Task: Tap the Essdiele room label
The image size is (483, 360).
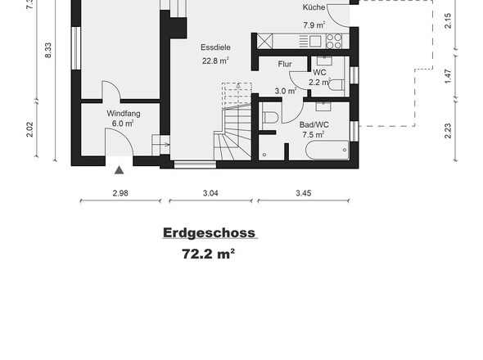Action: tap(215, 47)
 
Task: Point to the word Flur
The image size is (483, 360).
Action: tap(285, 63)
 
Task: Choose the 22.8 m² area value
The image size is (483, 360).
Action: tap(215, 60)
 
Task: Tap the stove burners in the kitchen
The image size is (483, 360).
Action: tap(334, 40)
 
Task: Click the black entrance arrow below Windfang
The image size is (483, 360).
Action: tap(120, 170)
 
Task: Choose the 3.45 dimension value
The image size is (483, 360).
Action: tap(304, 195)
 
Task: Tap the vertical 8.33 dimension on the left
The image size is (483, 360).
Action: tap(48, 50)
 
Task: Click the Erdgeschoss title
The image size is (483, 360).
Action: tap(209, 233)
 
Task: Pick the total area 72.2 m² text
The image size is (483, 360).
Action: tap(209, 254)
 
